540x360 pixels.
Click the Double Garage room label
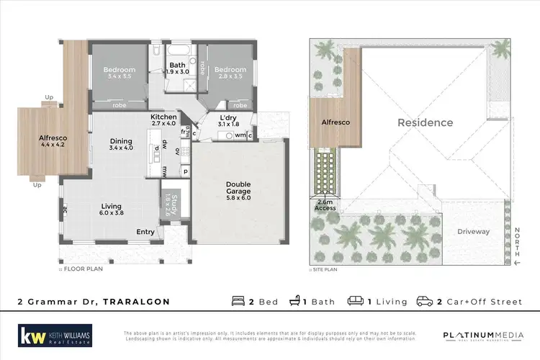[239, 188]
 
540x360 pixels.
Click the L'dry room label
[217, 121]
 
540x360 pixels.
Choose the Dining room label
[120, 144]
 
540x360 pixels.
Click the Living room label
[111, 209]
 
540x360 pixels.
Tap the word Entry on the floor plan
[145, 232]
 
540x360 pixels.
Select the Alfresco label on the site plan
[336, 122]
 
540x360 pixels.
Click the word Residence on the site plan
[426, 122]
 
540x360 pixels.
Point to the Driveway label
[474, 231]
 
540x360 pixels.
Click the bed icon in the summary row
[238, 301]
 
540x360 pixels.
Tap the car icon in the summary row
[424, 301]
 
